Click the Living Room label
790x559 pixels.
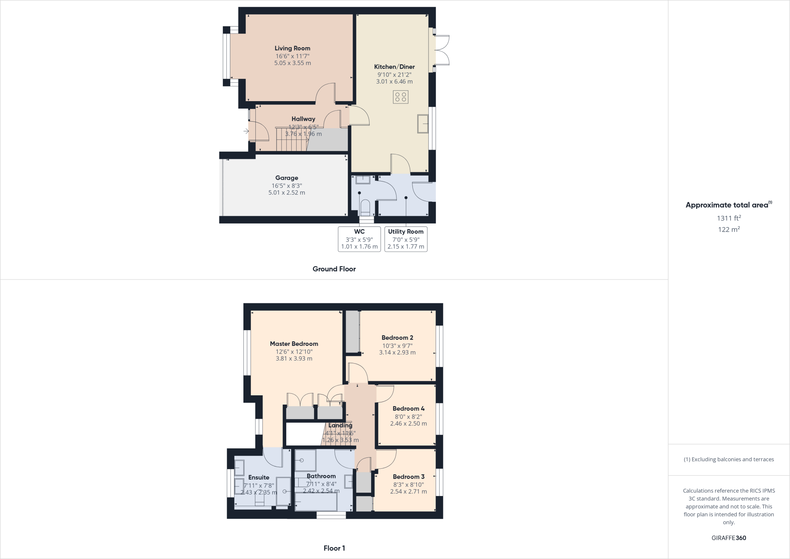(x=292, y=48)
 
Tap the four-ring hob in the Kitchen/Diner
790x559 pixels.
(x=400, y=97)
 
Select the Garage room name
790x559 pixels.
(x=287, y=178)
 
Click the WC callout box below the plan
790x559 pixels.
(x=359, y=239)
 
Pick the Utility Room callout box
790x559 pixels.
(x=405, y=239)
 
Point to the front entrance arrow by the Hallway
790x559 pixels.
(x=246, y=132)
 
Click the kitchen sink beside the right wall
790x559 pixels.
(x=423, y=124)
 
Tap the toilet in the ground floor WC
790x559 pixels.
(x=365, y=207)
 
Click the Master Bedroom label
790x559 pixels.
(x=294, y=344)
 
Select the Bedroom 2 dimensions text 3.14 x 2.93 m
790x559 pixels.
(x=397, y=352)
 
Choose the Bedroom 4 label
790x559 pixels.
(x=409, y=408)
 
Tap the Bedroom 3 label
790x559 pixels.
(x=409, y=477)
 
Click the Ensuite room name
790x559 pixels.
(x=258, y=478)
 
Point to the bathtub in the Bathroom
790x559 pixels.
(x=316, y=502)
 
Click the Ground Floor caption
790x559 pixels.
(x=334, y=269)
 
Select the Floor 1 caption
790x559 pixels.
(x=334, y=548)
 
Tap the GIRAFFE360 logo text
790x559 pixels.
(x=729, y=538)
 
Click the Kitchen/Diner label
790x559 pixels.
(x=394, y=67)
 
